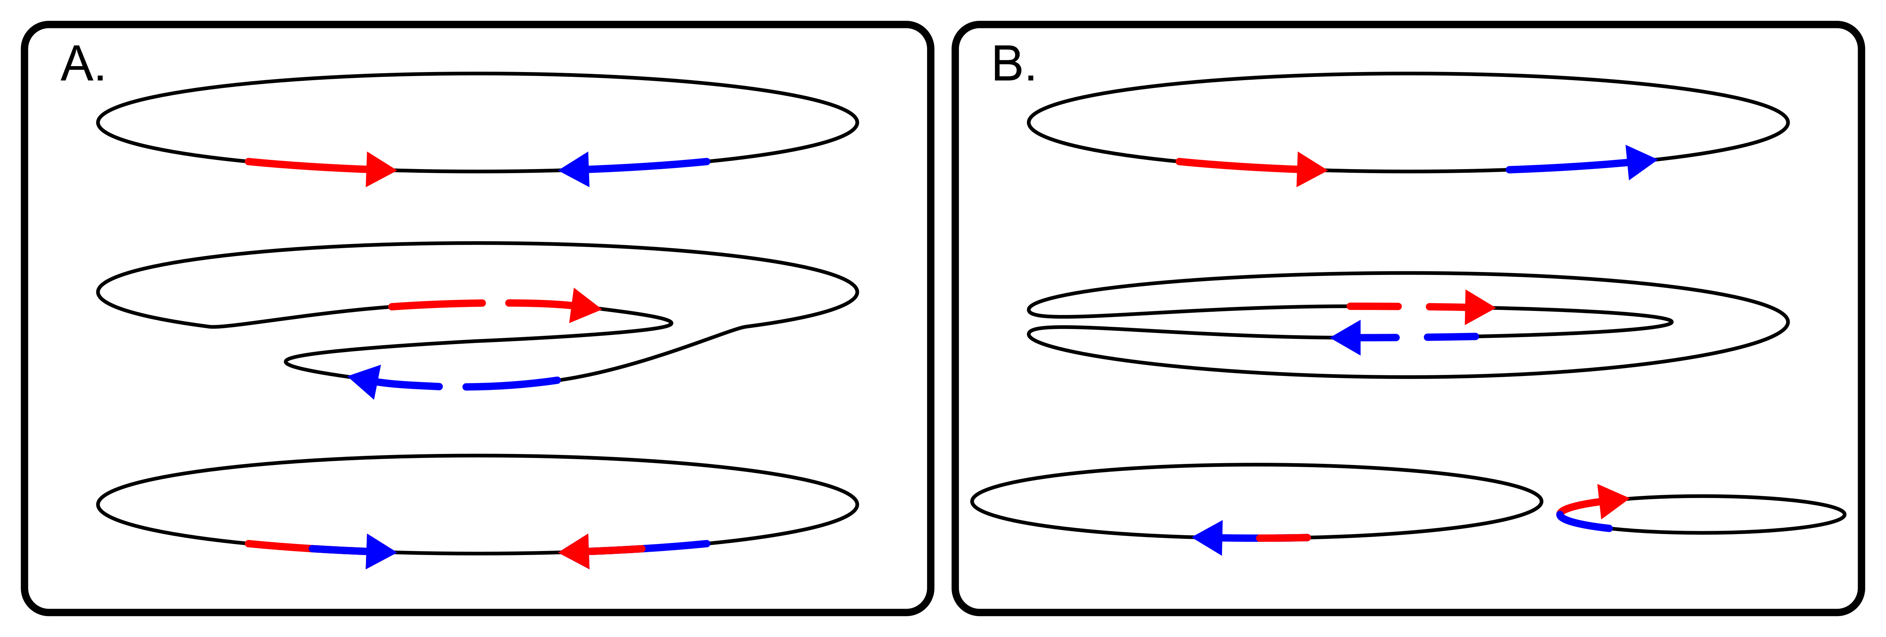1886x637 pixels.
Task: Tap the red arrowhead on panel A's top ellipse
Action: (378, 170)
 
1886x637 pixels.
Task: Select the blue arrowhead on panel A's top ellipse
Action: (577, 170)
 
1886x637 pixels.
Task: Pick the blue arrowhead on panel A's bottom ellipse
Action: (378, 551)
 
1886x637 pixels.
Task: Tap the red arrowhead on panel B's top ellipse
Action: (1309, 170)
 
